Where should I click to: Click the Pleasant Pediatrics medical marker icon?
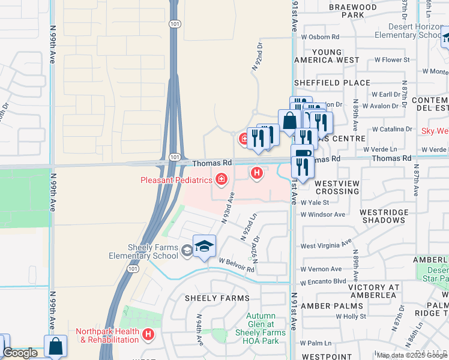click(221, 179)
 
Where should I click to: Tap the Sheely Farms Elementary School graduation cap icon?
click(204, 247)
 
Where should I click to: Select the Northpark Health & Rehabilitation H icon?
click(149, 334)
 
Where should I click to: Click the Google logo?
click(19, 353)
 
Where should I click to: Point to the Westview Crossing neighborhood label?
click(337, 187)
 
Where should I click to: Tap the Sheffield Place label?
click(332, 83)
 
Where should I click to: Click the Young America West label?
click(327, 56)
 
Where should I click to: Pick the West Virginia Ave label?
click(326, 245)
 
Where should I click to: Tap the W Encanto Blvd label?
click(324, 281)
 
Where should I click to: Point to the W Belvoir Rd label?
click(237, 265)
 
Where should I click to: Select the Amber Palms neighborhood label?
click(324, 306)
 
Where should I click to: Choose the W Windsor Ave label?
click(323, 214)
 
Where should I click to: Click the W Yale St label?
click(315, 203)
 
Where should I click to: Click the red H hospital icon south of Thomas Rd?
click(257, 173)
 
